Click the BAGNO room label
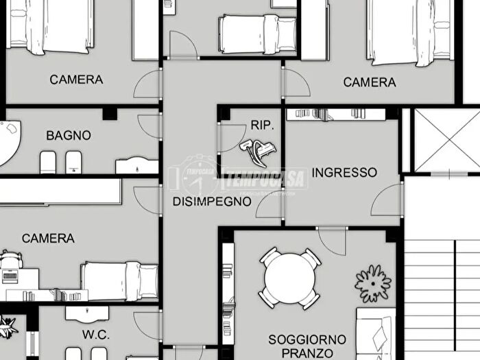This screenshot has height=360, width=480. [69, 136]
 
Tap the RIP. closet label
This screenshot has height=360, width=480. [262, 125]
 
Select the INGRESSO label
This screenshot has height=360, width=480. [344, 172]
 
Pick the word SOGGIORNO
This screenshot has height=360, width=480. [307, 339]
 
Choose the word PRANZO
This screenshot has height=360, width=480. [307, 353]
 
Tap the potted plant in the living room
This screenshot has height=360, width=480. [373, 283]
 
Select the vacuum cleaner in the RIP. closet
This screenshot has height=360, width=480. [257, 145]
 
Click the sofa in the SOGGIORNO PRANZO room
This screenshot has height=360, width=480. [376, 336]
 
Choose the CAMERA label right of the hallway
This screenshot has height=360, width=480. [370, 82]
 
